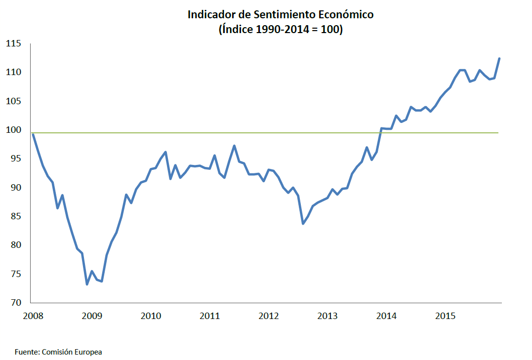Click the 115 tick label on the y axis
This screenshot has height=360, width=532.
coord(13,43)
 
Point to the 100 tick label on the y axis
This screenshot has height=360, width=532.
coord(13,130)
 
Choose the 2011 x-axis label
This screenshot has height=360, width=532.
coord(209,316)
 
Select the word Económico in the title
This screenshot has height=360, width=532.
coord(346,15)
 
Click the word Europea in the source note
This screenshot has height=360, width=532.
coord(89,352)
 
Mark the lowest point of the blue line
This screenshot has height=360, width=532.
coord(87,284)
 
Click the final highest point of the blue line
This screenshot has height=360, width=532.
coord(499,58)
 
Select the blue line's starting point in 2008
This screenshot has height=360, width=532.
coord(33,134)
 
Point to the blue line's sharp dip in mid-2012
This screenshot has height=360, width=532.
coord(303,224)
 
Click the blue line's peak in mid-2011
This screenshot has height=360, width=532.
coord(234,146)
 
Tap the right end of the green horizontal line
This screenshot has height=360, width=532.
coord(498,133)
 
